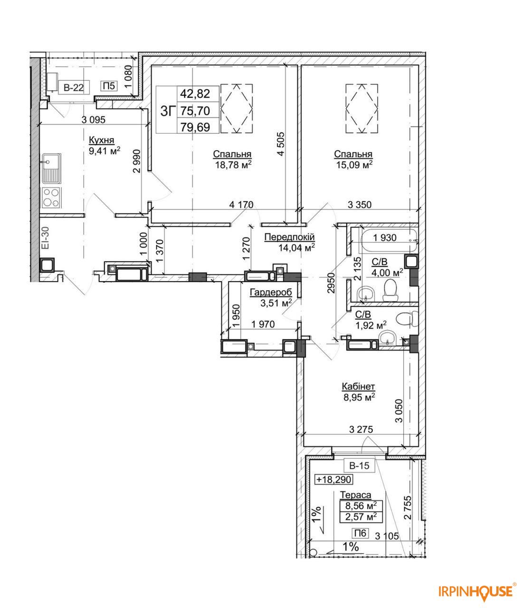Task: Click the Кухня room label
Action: tap(102, 140)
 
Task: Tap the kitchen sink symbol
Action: tap(51, 168)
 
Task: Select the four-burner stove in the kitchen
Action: tap(51, 197)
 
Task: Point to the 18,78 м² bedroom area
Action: tap(233, 164)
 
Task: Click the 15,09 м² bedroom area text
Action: tap(354, 164)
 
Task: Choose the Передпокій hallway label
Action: tap(289, 237)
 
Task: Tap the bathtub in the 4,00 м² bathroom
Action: tap(389, 241)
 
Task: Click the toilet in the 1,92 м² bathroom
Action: tap(407, 319)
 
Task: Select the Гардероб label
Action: tap(271, 292)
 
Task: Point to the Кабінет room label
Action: tap(358, 386)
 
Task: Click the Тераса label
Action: tap(356, 495)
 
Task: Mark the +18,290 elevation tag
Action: tap(334, 480)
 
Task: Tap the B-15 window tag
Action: tap(359, 465)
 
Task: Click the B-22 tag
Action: tap(74, 87)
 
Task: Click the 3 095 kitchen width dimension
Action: tap(93, 120)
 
